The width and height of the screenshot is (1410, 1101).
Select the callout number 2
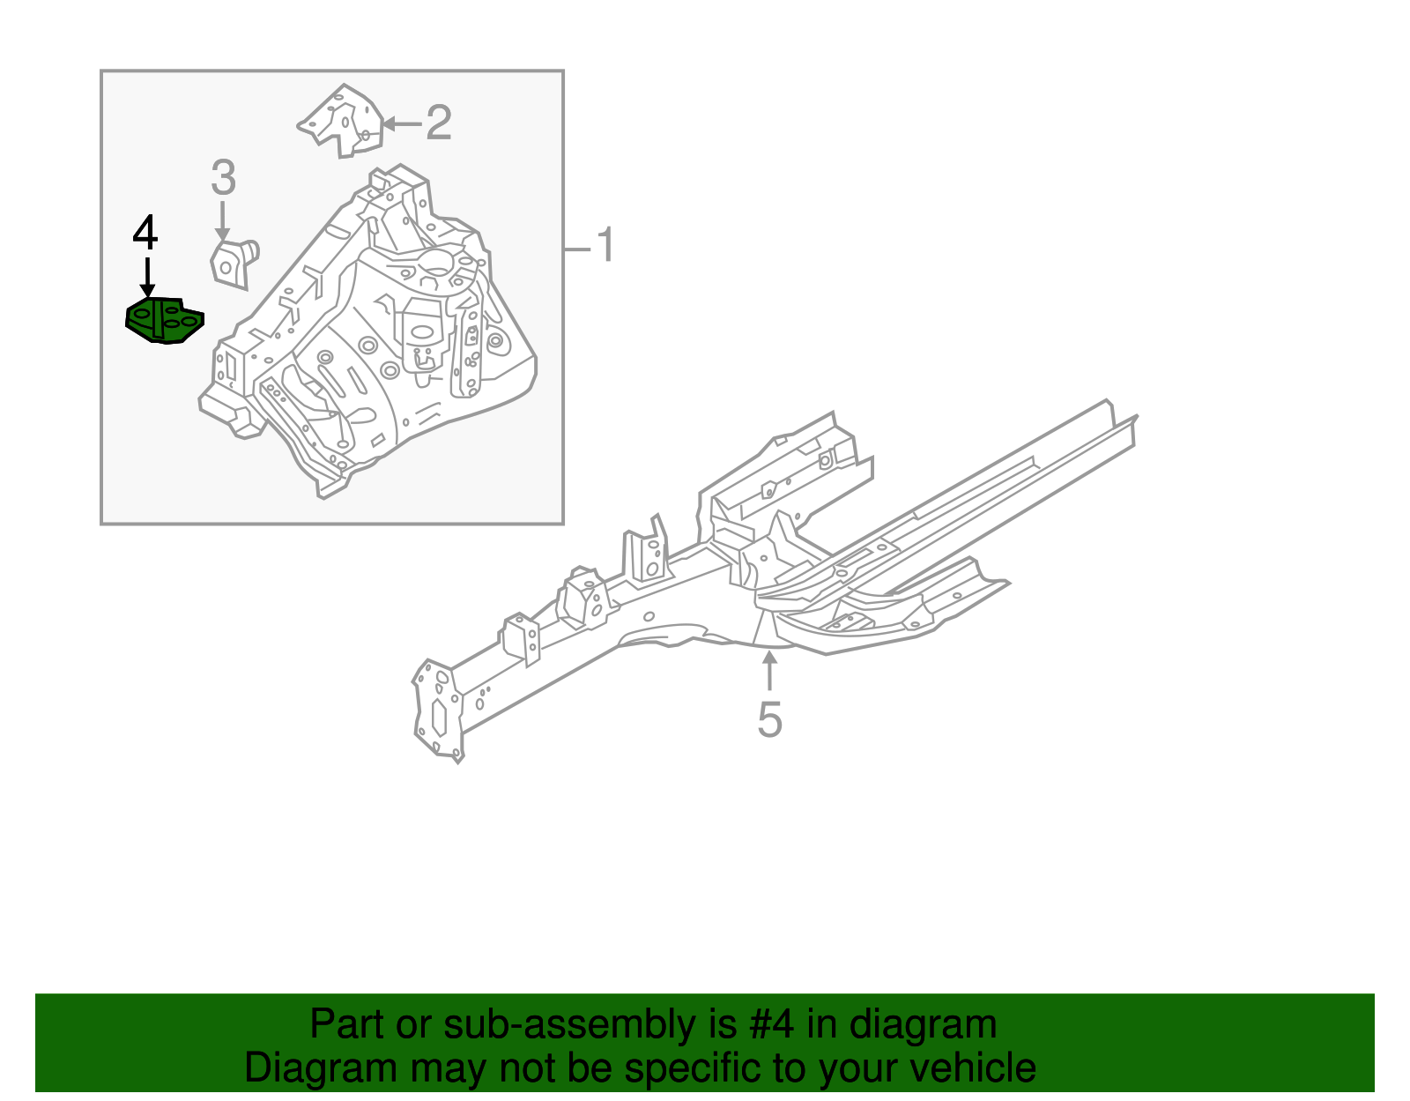(x=439, y=123)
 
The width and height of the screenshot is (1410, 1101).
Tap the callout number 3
(x=224, y=178)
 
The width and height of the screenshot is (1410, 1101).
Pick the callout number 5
(x=769, y=719)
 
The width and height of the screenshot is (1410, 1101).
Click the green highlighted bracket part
(x=165, y=321)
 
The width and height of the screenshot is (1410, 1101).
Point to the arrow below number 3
(x=223, y=220)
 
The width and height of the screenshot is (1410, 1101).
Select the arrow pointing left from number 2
(x=401, y=123)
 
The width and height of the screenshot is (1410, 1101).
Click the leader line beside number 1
(x=577, y=249)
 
